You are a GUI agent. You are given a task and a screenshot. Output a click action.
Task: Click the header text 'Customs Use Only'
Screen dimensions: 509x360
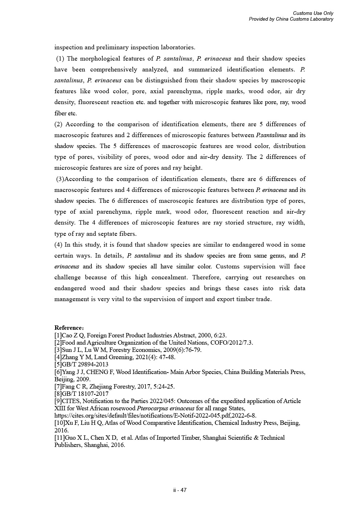(x=313, y=13)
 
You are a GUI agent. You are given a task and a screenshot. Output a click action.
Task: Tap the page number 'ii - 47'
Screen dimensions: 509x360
(x=180, y=490)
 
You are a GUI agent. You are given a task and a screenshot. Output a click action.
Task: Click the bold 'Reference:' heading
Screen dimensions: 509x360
(x=69, y=328)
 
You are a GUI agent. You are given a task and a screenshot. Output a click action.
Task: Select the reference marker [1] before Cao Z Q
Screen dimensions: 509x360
(x=58, y=335)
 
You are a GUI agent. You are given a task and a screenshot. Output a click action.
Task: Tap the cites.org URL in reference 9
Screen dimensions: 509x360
(x=155, y=415)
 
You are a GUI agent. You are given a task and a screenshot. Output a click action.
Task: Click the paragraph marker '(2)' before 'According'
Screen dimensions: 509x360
(x=58, y=124)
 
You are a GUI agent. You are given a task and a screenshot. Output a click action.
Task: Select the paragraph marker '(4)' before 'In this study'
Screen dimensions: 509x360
(x=58, y=245)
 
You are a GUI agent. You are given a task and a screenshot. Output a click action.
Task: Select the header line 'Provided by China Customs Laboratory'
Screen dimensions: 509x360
(x=291, y=19)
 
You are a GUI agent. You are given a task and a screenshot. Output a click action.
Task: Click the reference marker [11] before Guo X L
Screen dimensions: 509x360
(x=60, y=438)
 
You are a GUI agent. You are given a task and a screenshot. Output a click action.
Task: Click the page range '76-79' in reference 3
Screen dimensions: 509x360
(x=193, y=350)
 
